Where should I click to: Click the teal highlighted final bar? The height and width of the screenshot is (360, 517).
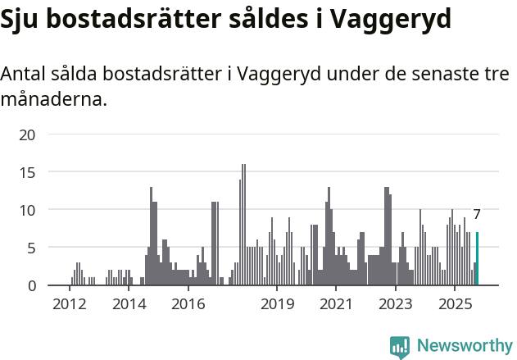point(477,259)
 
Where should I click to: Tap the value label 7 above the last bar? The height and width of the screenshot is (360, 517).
point(477,215)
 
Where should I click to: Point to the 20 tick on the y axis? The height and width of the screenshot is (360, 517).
point(28,134)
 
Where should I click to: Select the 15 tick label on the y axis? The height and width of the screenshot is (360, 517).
point(28,172)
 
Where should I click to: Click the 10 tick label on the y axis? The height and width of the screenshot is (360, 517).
point(28,210)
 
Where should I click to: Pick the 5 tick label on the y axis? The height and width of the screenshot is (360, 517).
point(32,248)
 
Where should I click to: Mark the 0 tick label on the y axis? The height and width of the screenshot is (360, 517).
point(32,285)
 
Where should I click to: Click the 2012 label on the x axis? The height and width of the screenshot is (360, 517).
point(69,305)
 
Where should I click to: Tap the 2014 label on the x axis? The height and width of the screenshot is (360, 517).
point(129,305)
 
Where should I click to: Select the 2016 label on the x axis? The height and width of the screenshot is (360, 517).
point(188,305)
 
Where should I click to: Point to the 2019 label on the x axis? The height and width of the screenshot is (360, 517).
point(277,305)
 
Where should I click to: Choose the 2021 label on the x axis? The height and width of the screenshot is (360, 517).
point(336,305)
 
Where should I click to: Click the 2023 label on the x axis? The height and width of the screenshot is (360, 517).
point(396,305)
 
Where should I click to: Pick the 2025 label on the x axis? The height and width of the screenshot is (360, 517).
point(455,305)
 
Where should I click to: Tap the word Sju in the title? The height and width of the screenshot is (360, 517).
point(22,20)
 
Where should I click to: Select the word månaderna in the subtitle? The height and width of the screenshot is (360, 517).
point(53,101)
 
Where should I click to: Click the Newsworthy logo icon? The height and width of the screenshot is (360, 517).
point(400,346)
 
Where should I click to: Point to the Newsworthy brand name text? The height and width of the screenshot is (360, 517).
point(464,346)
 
